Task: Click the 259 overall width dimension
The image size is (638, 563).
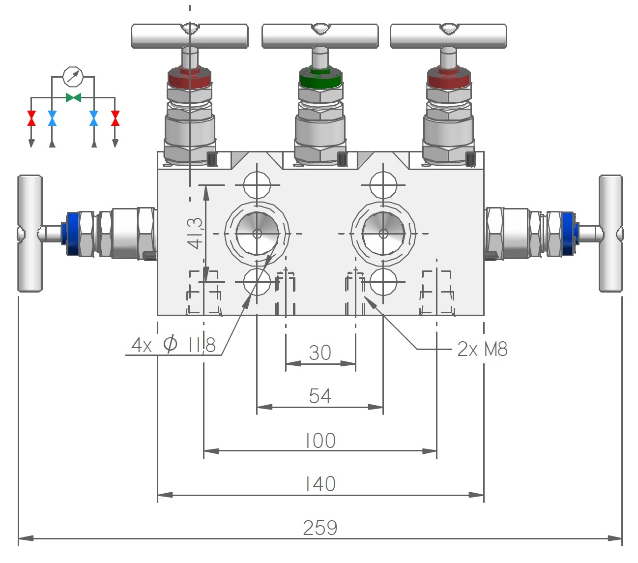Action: (320, 528)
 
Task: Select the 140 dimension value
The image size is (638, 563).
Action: (320, 484)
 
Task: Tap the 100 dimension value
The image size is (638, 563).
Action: (320, 441)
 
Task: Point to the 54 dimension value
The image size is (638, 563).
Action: (320, 396)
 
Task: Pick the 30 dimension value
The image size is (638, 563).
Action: (320, 353)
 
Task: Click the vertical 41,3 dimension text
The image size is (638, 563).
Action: (195, 233)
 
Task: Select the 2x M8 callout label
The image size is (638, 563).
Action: (482, 349)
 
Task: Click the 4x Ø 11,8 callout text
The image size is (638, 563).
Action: (174, 345)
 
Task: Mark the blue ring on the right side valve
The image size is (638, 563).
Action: (569, 233)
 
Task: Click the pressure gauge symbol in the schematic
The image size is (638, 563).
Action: (73, 76)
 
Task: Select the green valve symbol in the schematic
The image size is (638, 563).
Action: (73, 98)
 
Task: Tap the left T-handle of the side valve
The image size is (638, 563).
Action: (29, 233)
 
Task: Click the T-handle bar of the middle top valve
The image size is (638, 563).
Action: (320, 36)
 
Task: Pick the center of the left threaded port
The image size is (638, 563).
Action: (257, 234)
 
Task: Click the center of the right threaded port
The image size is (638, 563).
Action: (383, 234)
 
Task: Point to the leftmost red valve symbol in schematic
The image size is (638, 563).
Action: (31, 119)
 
